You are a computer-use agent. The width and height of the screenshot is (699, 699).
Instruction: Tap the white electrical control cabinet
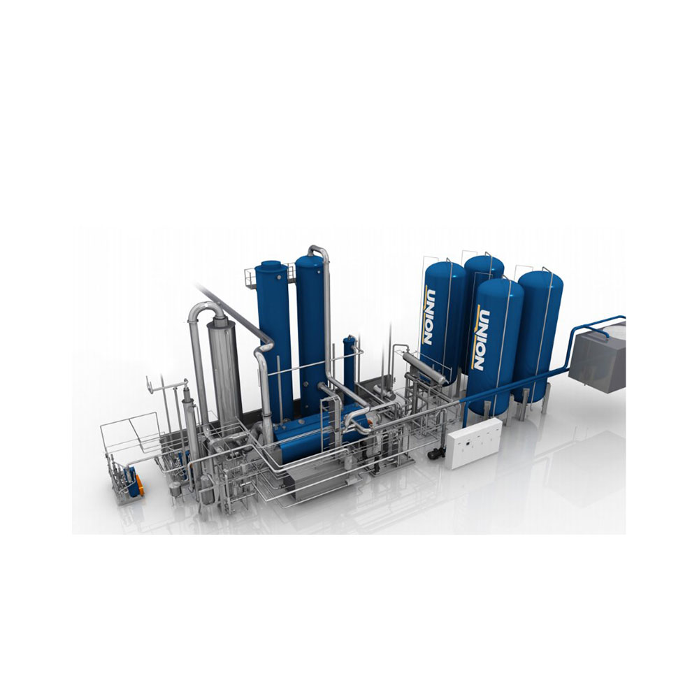point(473,443)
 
